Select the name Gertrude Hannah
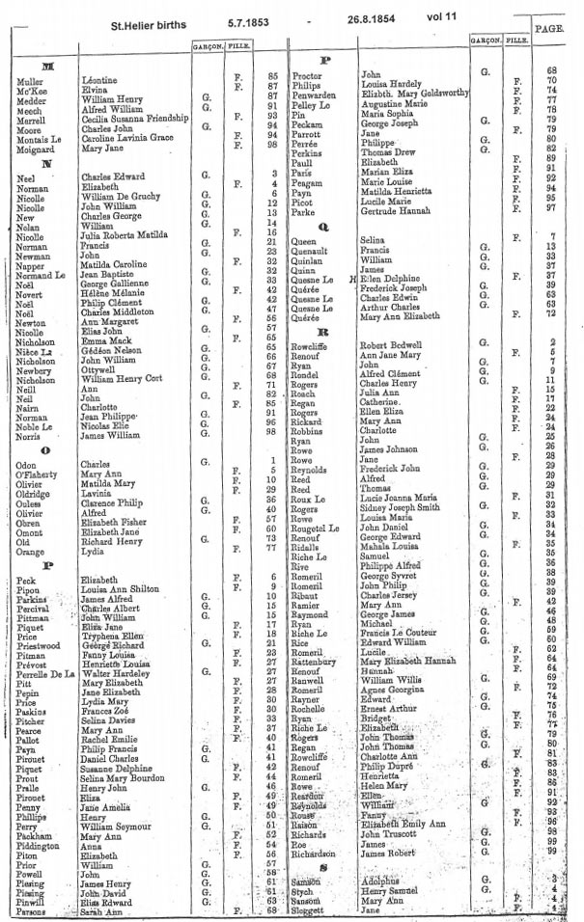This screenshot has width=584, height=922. click(x=395, y=207)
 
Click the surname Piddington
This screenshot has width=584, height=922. click(x=40, y=845)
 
